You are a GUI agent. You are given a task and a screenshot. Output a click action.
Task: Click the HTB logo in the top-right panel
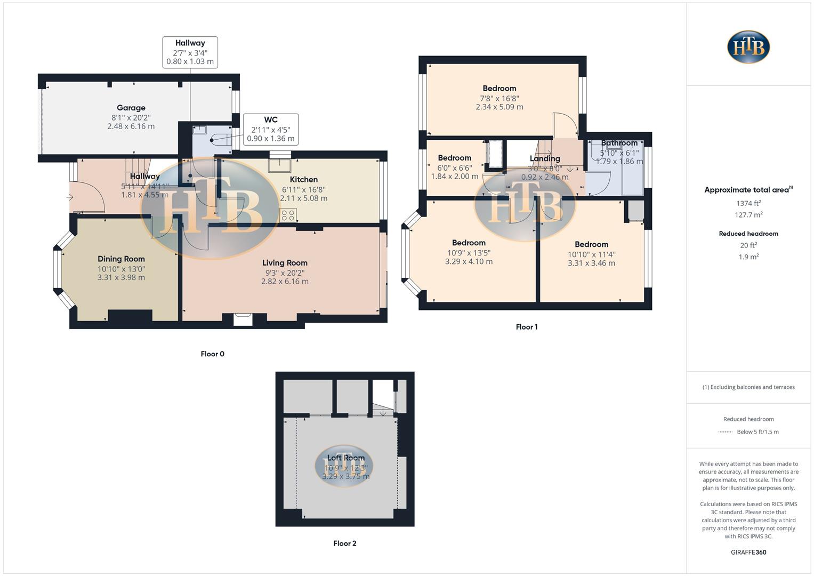(748, 47)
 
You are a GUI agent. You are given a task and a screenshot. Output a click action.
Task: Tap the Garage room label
(131, 108)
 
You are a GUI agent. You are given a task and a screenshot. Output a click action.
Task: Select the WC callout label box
(270, 129)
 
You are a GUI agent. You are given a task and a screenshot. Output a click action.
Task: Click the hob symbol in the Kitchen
(288, 215)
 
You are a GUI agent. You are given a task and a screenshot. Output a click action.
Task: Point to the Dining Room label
(121, 259)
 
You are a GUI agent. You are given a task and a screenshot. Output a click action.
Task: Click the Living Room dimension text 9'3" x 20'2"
(285, 273)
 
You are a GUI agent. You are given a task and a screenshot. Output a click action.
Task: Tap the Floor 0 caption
(212, 354)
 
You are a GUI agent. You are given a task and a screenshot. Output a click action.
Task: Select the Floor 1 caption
(526, 327)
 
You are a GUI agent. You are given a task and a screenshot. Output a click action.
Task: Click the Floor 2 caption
(344, 543)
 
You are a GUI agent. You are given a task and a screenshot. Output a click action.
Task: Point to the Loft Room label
(346, 458)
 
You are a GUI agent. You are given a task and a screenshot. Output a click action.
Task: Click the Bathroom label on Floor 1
(619, 143)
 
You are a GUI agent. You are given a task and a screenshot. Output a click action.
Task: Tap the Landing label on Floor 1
(545, 158)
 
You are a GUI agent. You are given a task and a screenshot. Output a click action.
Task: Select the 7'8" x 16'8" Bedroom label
(499, 89)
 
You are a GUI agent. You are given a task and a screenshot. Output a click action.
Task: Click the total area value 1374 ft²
(748, 203)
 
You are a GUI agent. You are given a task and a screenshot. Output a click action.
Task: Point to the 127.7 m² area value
(748, 215)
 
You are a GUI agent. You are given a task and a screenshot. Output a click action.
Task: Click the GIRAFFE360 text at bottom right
(748, 553)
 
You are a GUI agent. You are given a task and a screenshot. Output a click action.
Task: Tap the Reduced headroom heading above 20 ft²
(748, 234)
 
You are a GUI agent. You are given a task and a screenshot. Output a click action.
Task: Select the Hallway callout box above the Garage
(190, 52)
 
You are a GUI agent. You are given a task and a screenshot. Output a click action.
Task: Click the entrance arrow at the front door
(70, 198)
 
